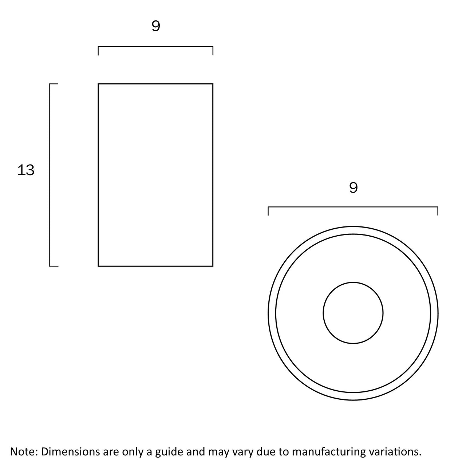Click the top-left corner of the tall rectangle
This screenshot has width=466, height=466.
(x=98, y=84)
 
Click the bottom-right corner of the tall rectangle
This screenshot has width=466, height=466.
(x=213, y=266)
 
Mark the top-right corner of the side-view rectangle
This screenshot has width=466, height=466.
(x=213, y=84)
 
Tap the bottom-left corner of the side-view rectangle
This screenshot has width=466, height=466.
(x=98, y=266)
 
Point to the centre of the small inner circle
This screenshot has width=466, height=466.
(x=353, y=313)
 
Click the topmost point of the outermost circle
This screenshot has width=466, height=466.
(x=353, y=226)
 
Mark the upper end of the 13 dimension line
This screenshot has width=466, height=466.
(x=50, y=84)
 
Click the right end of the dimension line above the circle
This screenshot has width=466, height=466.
(x=438, y=207)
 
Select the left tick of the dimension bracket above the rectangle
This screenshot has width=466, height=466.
(x=98, y=51)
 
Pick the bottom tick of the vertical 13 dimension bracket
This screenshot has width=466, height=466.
(x=54, y=266)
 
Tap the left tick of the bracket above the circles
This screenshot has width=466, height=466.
(x=268, y=211)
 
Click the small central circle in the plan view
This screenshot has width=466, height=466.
(x=353, y=313)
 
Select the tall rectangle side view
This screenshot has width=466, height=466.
(x=155, y=175)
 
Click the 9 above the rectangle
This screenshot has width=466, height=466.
(x=156, y=26)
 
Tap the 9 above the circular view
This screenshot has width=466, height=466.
(x=353, y=187)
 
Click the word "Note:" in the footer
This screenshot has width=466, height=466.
(x=24, y=451)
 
